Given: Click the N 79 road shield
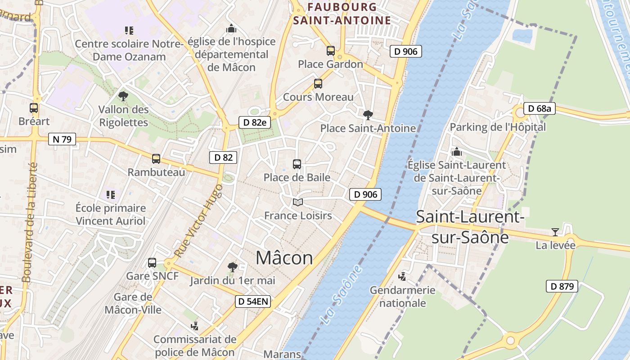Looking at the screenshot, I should pyautogui.click(x=62, y=139).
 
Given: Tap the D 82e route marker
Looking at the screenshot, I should pyautogui.click(x=255, y=122).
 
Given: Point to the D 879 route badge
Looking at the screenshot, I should pyautogui.click(x=562, y=286).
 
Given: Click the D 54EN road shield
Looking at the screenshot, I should pyautogui.click(x=253, y=301).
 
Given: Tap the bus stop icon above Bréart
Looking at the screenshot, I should pyautogui.click(x=34, y=108).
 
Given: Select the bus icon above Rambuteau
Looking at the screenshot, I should pyautogui.click(x=156, y=159).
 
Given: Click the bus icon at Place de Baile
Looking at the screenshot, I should pyautogui.click(x=297, y=164).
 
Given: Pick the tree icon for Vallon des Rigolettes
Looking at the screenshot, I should pyautogui.click(x=123, y=96).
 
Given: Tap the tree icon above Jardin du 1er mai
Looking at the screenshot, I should pyautogui.click(x=232, y=267).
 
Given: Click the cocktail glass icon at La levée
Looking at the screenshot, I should pyautogui.click(x=555, y=232).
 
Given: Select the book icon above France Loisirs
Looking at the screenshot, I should pyautogui.click(x=298, y=202).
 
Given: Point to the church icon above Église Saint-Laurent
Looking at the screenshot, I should pyautogui.click(x=457, y=152).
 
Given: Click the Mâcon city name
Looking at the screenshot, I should pyautogui.click(x=284, y=258).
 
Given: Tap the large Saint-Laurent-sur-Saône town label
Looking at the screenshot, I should pyautogui.click(x=470, y=227).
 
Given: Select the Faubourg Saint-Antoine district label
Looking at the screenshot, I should pyautogui.click(x=342, y=13).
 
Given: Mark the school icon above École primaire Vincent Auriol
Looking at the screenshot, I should pyautogui.click(x=111, y=195).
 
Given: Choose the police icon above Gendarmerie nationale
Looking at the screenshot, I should pyautogui.click(x=402, y=276).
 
